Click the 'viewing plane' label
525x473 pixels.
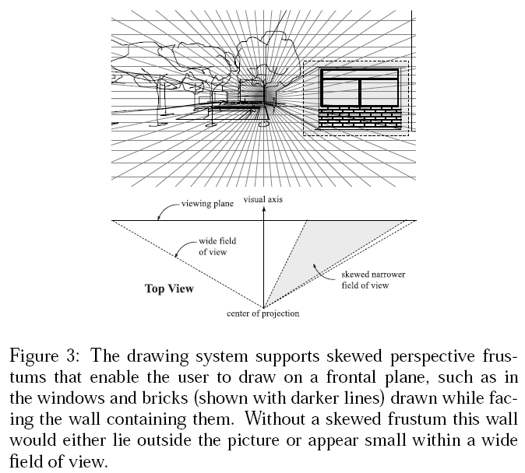coord(207,204)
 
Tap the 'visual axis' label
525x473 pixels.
coord(263,199)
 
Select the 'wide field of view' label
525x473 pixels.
coord(217,246)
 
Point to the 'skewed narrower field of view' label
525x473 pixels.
coord(373,279)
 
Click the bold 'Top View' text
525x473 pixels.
coord(169,289)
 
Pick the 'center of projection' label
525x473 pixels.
coord(262,314)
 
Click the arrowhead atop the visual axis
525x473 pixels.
coord(264,209)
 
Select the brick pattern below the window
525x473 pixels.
coord(360,117)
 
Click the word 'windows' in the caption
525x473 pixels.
coord(70,398)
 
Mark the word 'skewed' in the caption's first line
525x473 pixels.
coord(354,356)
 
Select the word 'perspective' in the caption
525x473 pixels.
coord(432,356)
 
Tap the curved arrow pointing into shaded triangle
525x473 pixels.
coord(322,274)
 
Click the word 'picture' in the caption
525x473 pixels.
coord(253,440)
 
